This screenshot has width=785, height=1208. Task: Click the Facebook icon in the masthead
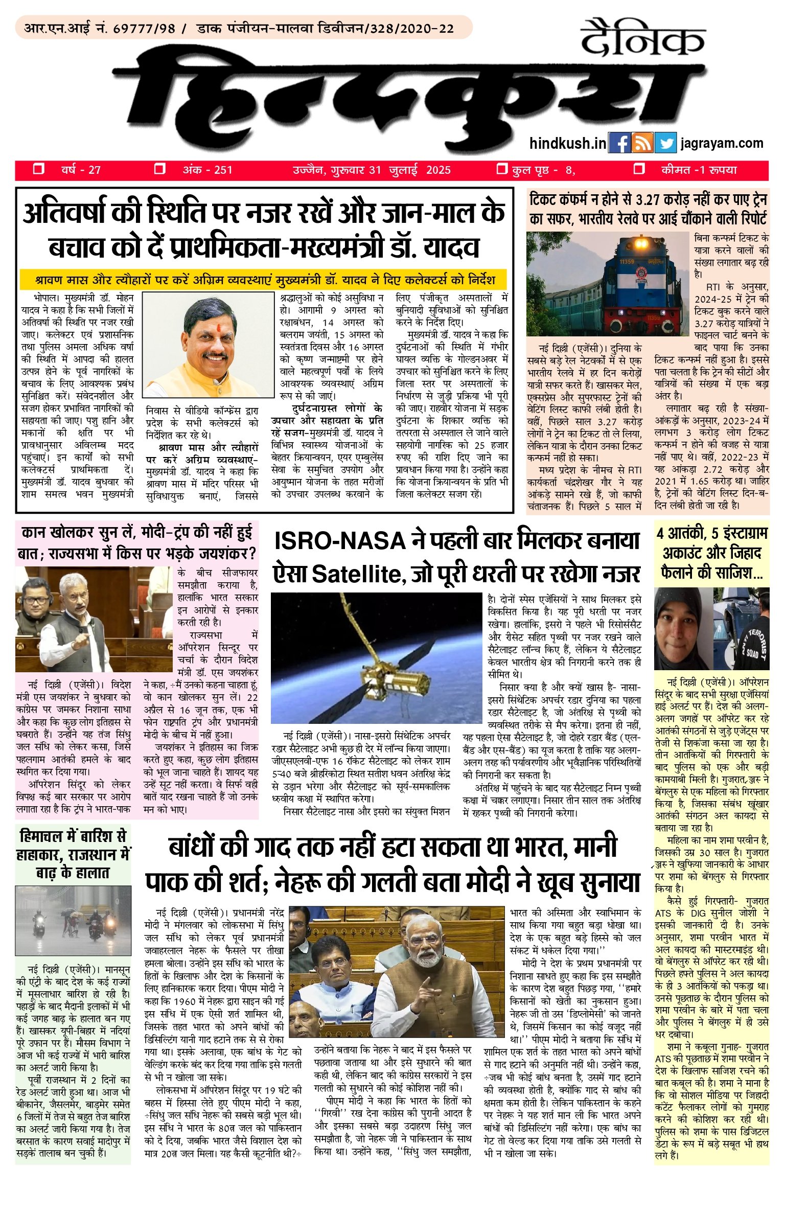pos(619,143)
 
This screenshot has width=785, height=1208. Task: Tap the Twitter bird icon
pos(665,143)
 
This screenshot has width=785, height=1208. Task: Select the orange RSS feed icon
pos(642,143)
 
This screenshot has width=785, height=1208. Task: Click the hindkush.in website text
pos(568,143)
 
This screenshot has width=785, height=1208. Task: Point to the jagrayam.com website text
pos(722,143)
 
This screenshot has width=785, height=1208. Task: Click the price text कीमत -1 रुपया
pos(699,170)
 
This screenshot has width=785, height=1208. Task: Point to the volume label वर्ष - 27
pos(81,170)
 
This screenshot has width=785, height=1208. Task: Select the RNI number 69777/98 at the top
pos(144,28)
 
